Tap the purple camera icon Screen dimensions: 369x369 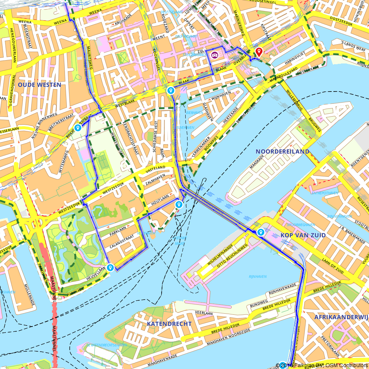214,55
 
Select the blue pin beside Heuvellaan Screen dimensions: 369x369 110,268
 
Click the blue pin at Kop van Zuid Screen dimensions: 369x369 261,232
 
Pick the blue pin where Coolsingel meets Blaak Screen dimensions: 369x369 170,90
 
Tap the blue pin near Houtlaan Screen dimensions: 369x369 179,204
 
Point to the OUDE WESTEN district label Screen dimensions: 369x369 39,85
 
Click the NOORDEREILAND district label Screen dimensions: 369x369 282,152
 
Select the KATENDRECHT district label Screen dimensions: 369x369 169,324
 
